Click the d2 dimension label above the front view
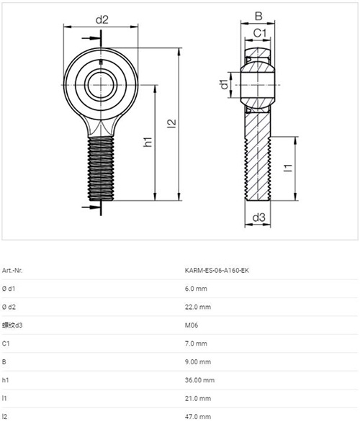[102, 20]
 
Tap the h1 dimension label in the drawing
[148, 142]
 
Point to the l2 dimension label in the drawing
[171, 123]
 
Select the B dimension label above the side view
[258, 17]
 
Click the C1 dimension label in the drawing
[260, 33]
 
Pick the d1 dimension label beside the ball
[224, 84]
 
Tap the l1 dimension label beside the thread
[288, 168]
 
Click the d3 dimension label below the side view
[258, 217]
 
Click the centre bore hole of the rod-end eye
[101, 84]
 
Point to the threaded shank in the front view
[101, 168]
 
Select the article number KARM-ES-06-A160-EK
[217, 270]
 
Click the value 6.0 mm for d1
[196, 289]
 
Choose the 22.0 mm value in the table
[198, 307]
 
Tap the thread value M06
[192, 325]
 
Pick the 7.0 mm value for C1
[196, 343]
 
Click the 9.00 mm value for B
[198, 361]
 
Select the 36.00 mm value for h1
[199, 380]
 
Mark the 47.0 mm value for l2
[198, 416]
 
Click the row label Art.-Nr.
[12, 270]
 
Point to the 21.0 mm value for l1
[198, 398]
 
